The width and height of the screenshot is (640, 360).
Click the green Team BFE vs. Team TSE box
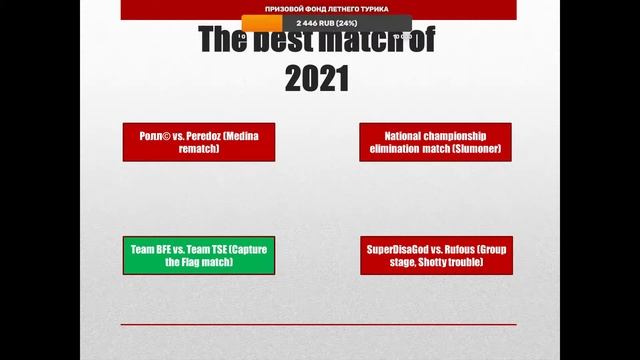199,255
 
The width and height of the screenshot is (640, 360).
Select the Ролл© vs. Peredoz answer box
198,142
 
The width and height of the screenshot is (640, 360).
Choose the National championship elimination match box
435,142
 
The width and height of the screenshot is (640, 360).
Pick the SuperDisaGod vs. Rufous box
435,255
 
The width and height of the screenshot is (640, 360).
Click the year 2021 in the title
317,78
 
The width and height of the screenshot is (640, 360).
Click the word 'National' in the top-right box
375,136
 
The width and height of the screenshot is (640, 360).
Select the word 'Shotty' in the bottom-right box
441,262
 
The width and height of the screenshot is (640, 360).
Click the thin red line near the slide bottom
318,324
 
